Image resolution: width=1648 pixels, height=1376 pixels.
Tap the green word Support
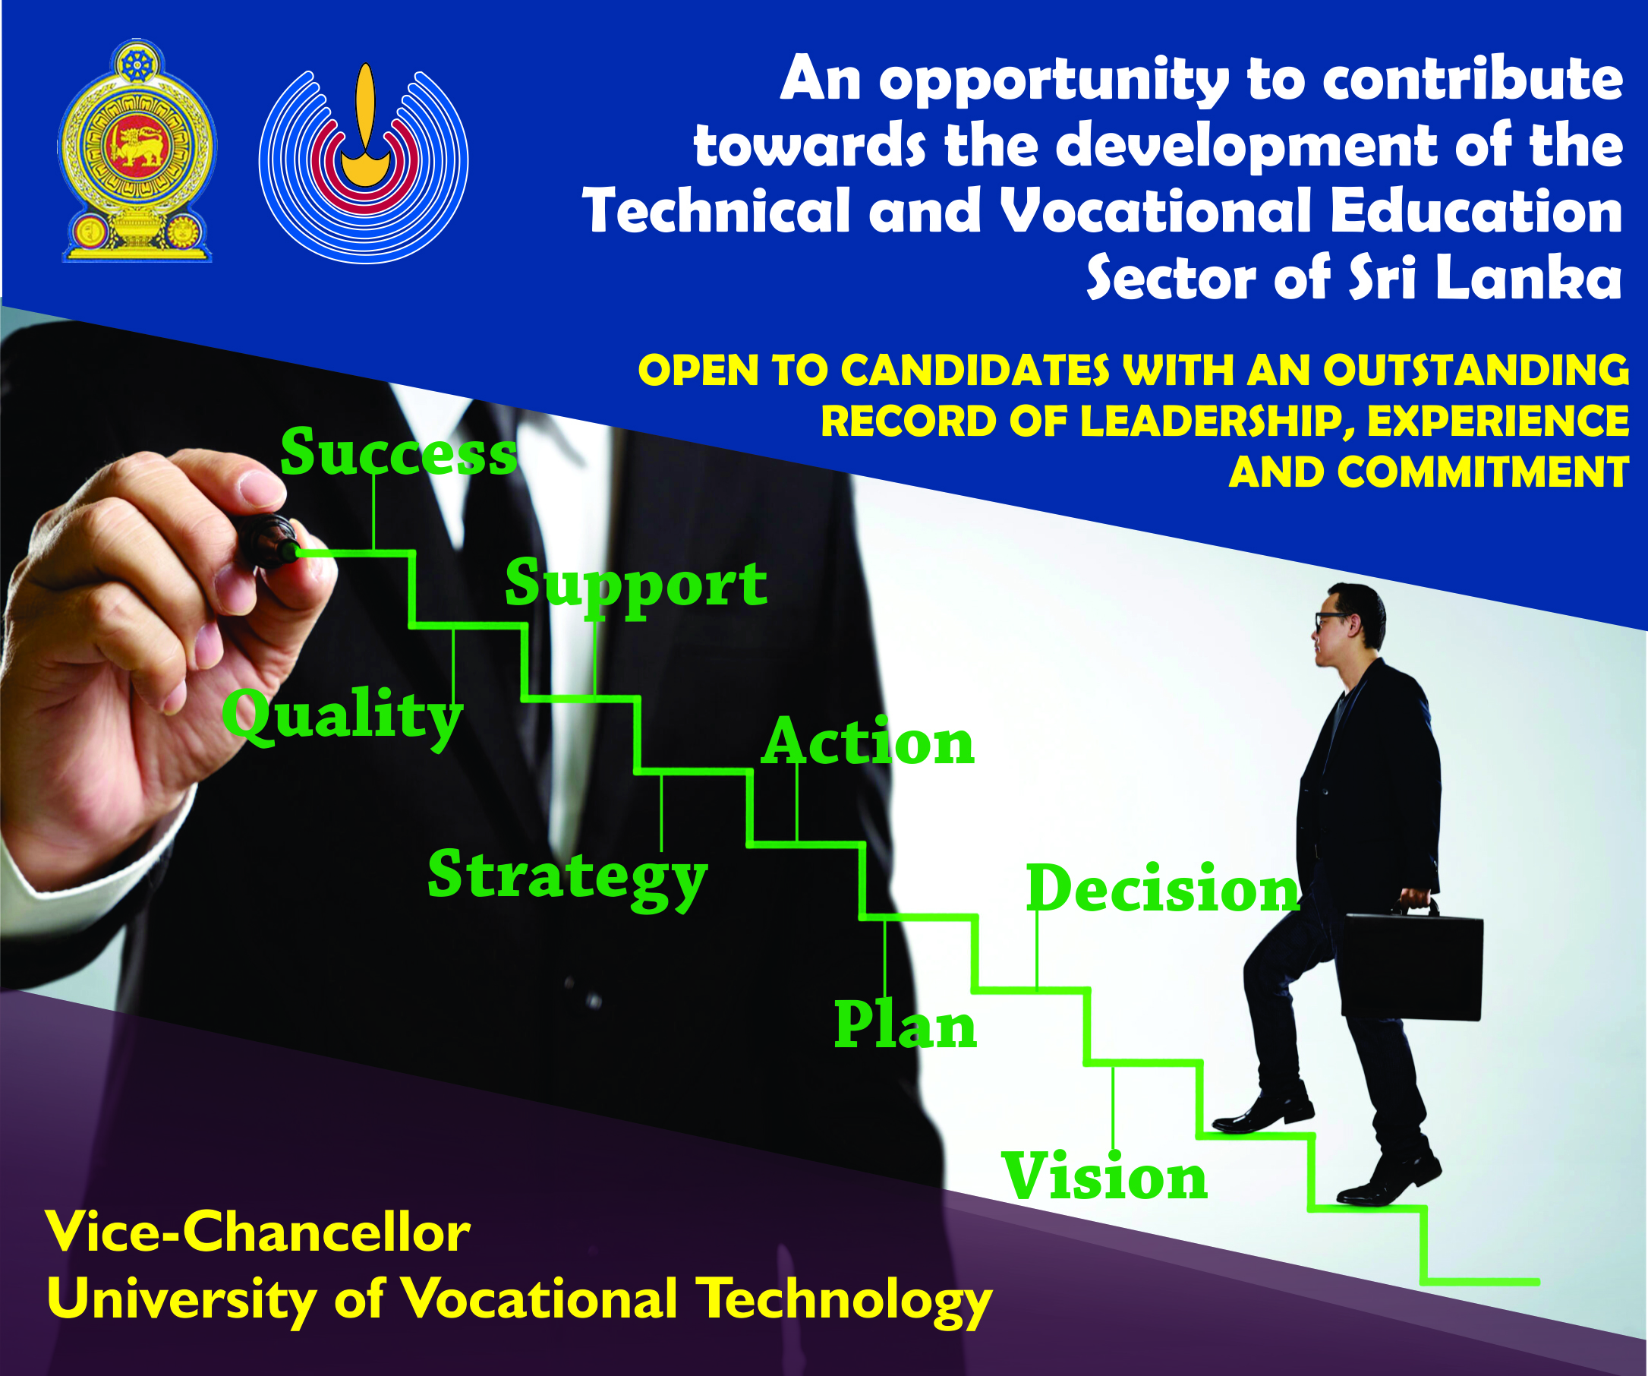[635, 585]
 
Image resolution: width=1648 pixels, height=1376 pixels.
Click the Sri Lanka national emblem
[137, 150]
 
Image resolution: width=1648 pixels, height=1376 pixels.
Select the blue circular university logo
[364, 163]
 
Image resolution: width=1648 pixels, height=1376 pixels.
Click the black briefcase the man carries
[1411, 965]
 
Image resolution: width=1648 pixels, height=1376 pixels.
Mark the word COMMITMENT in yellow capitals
[1483, 472]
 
